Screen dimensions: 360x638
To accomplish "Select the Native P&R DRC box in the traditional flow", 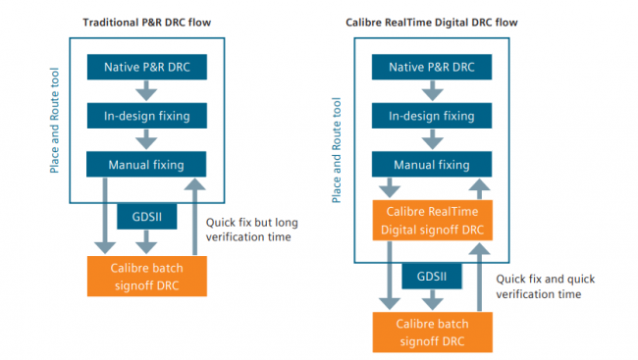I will pos(145,68).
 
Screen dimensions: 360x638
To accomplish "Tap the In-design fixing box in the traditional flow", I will pos(145,116).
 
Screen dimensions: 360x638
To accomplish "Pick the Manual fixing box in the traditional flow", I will pos(145,163).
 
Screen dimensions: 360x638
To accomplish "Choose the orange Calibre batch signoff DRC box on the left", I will pos(145,276).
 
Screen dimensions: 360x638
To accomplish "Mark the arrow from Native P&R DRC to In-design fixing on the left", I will pos(145,91).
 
